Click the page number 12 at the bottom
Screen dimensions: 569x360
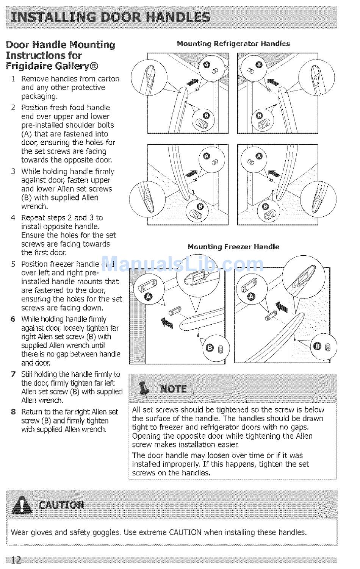point(16,560)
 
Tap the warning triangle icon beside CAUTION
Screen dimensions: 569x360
point(22,505)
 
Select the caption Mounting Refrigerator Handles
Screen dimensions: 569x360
point(233,44)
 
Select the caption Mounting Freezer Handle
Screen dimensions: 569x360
point(233,247)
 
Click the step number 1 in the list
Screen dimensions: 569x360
point(13,79)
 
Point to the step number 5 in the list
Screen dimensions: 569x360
point(13,264)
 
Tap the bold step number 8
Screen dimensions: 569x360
point(13,412)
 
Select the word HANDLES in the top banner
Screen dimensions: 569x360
point(179,17)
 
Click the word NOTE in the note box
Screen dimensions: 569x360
point(174,389)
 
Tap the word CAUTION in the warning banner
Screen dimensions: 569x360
point(61,505)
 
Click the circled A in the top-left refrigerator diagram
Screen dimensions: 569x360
point(207,65)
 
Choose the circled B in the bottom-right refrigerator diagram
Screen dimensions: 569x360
point(265,206)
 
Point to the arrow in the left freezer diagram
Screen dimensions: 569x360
point(167,322)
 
